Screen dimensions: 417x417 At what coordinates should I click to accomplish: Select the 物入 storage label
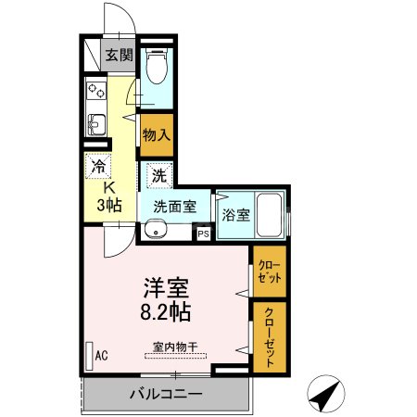click(x=156, y=133)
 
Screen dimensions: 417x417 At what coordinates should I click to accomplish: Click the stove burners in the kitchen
click(x=96, y=91)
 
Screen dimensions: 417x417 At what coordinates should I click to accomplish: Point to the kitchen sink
click(x=95, y=123)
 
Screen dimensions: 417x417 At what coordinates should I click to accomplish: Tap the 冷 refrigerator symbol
click(x=98, y=168)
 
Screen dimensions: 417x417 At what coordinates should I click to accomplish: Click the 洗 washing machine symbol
click(x=158, y=174)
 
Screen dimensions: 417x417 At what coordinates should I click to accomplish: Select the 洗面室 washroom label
click(x=174, y=207)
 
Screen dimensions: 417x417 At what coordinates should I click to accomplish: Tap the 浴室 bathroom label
click(x=235, y=215)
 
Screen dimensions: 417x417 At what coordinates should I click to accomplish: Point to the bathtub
click(x=270, y=215)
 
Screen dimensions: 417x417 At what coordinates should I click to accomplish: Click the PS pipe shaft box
click(x=203, y=234)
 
